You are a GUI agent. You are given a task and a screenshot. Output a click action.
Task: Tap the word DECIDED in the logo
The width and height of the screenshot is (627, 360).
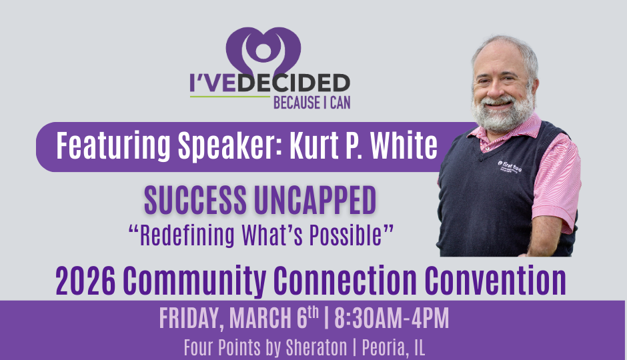[x=294, y=83]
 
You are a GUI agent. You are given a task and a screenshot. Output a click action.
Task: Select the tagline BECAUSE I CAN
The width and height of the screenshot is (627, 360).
[x=312, y=103]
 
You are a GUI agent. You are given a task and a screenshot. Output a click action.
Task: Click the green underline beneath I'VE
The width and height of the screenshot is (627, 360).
[x=230, y=97]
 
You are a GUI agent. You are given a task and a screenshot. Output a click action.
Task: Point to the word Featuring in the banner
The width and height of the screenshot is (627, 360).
[x=113, y=147]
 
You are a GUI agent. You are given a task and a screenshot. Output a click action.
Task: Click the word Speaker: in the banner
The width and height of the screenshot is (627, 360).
[x=230, y=147]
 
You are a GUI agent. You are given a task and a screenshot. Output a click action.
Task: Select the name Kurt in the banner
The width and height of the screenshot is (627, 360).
[x=314, y=145]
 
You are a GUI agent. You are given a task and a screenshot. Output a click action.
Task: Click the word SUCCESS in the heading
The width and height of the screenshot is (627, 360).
[x=195, y=200]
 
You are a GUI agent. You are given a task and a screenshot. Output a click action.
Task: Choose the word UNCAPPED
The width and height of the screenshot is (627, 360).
[x=315, y=200]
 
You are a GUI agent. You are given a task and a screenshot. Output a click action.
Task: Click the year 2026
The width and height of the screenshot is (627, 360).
[x=85, y=281]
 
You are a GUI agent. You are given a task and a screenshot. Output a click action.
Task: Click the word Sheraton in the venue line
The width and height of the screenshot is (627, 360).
[x=316, y=347]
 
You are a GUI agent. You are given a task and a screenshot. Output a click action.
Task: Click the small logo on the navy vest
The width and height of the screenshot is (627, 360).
[x=510, y=166]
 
